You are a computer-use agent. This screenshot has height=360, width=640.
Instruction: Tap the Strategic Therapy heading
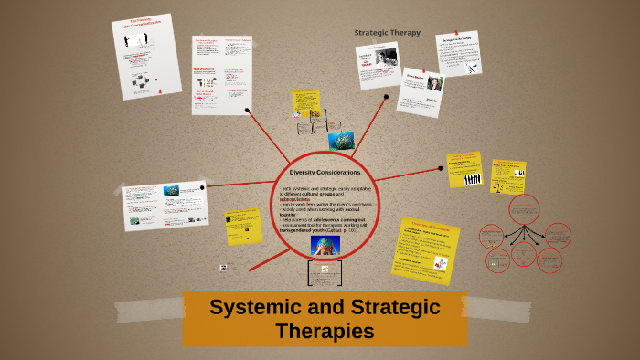pos(388,33)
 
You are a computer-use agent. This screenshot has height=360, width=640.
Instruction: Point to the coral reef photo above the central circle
pos(341,141)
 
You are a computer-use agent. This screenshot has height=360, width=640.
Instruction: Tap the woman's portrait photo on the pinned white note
pos(435,84)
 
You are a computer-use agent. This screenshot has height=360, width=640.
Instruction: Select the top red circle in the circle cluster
pos(524,207)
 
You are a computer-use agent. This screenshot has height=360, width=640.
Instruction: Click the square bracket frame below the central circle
pos(325,273)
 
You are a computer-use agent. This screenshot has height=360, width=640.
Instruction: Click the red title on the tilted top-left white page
pos(141,24)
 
